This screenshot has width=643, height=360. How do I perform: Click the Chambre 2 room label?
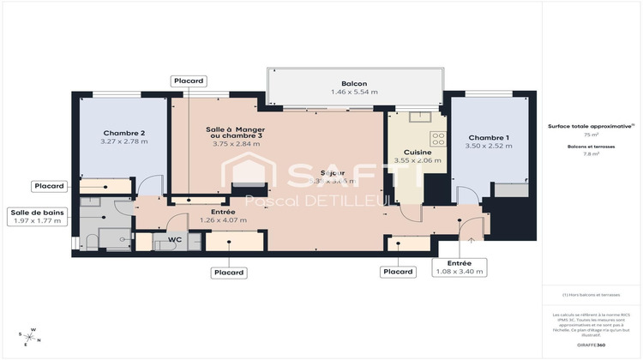pyautogui.click(x=124, y=133)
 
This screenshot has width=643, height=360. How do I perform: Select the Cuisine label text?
pyautogui.click(x=417, y=152)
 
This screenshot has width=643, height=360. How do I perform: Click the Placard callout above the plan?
pyautogui.click(x=189, y=81)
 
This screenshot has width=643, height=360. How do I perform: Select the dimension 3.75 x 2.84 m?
pyautogui.click(x=237, y=143)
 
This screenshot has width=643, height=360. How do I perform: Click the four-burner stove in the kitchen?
pyautogui.click(x=438, y=137)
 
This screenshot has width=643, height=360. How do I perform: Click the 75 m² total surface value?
pyautogui.click(x=592, y=135)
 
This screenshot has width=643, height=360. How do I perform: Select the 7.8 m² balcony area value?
pyautogui.click(x=592, y=154)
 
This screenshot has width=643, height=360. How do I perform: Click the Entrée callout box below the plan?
pyautogui.click(x=460, y=267)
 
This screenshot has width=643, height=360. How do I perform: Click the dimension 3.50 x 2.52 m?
pyautogui.click(x=489, y=146)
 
